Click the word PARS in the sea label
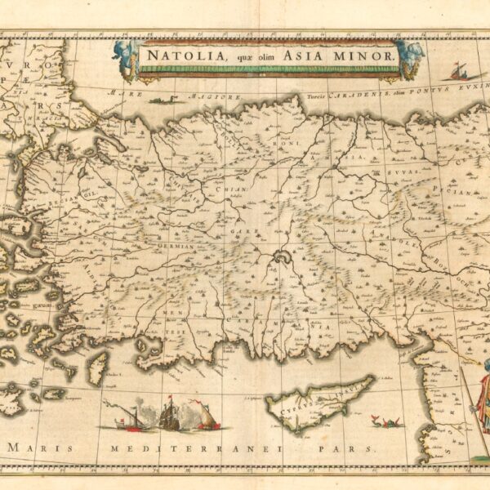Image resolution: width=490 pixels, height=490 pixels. (x=359, y=448)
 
